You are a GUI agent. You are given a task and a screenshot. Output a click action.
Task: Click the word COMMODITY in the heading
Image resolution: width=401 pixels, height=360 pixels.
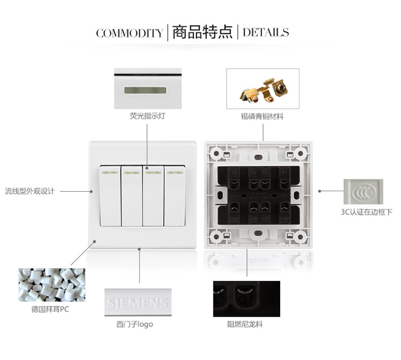pos(130,33)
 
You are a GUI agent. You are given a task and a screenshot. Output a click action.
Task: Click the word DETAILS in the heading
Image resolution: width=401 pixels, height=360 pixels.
pos(266,33)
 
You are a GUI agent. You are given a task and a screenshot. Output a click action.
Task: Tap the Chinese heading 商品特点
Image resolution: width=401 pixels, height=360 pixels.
pos(202,33)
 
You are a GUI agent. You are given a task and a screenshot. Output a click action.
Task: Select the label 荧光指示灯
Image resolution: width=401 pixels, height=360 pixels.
pos(148,116)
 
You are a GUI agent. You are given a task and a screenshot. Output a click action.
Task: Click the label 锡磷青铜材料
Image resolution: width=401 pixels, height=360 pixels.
pos(262,116)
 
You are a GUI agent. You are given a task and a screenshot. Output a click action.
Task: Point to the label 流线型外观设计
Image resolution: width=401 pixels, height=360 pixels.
pos(29,191)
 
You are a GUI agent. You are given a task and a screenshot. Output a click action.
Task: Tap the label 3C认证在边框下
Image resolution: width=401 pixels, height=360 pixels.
pos(366,212)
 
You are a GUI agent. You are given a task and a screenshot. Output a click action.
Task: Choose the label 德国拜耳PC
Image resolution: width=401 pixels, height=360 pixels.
pos(50,309)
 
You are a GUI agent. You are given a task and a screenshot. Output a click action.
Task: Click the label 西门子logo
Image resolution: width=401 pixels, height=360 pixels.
pos(135,324)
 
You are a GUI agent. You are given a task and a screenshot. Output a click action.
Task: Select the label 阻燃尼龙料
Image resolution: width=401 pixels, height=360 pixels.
pos(245,324)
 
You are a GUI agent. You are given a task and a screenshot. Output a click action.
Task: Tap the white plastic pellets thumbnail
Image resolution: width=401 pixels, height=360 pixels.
pos(52,285)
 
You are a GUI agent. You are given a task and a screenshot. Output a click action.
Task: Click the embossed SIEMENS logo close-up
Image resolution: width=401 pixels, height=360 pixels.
pos(138,302)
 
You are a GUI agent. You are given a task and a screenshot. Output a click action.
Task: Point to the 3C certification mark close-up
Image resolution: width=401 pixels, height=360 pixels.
pos(364,192)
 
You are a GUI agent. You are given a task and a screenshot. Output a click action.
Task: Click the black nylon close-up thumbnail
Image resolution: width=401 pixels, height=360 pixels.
pos(247,299)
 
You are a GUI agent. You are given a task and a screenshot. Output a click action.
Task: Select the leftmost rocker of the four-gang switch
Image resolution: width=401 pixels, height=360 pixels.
pos(110,196)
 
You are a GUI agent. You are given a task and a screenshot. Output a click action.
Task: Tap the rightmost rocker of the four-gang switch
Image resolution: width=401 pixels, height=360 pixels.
pos(175,196)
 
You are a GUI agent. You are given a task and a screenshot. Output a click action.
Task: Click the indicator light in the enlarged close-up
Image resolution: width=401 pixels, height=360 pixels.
pos(145,90)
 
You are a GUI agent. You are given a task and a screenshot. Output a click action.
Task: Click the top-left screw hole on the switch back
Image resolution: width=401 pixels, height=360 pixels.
pos(217,154)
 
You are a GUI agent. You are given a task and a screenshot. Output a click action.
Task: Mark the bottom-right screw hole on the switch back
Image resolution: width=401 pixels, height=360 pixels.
pos(300,237)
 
